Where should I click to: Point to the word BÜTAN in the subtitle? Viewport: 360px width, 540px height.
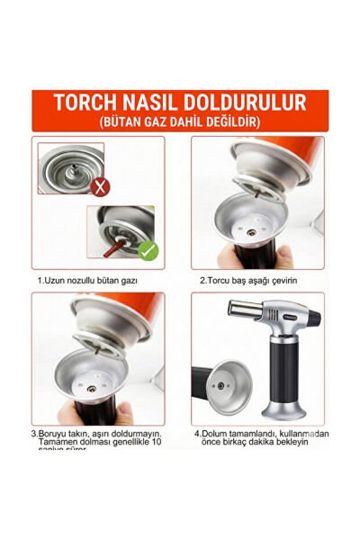click(x=125, y=121)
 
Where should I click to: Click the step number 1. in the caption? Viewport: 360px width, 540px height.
click(x=40, y=281)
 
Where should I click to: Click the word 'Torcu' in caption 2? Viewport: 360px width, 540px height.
click(x=224, y=281)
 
